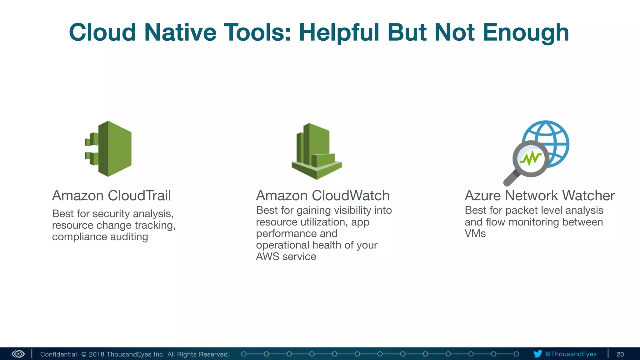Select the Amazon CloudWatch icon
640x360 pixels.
pos(316,151)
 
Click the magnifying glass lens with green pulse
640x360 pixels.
pos(531,159)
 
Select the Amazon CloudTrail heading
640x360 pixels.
pos(111,196)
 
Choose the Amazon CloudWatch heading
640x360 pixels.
pos(322,196)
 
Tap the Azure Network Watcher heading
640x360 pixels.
pos(540,196)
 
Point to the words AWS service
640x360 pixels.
pos(286,257)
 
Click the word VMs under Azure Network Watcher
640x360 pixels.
pos(475,233)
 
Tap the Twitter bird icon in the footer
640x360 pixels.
pos(537,354)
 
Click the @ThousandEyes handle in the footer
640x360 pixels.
pos(571,354)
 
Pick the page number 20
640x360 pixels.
pos(620,354)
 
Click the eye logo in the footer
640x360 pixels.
pos(18,354)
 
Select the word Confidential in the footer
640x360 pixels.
pos(58,354)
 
